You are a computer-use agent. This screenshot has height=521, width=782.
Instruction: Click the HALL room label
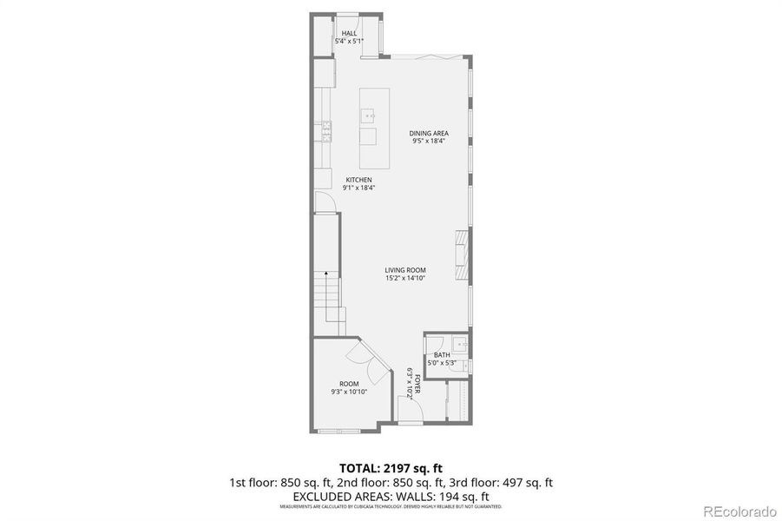[x=349, y=33]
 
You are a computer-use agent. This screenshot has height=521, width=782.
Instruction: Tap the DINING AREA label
[x=429, y=133]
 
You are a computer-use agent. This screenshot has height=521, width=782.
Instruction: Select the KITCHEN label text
[x=358, y=180]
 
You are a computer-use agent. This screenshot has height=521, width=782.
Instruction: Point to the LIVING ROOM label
[x=405, y=270]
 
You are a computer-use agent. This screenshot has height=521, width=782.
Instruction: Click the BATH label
[x=442, y=354]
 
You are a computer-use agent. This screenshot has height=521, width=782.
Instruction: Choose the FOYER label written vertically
[x=417, y=383]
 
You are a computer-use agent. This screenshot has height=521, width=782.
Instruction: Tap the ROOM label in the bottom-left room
[x=349, y=384]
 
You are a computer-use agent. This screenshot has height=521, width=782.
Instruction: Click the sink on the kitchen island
[x=369, y=114]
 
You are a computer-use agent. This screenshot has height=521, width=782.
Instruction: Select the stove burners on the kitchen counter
[x=327, y=130]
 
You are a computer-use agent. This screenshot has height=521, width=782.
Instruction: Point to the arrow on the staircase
[x=326, y=276]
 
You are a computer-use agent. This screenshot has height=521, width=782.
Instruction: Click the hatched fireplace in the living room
[x=462, y=251]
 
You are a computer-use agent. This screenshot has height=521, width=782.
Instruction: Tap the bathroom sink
[x=463, y=346]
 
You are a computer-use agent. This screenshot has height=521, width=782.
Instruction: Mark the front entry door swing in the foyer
[x=410, y=416]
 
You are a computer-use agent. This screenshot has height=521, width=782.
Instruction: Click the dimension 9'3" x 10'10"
[x=349, y=392]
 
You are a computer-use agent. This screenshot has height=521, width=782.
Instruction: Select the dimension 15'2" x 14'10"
[x=405, y=278]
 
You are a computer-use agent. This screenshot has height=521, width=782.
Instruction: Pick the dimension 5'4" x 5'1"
[x=349, y=41]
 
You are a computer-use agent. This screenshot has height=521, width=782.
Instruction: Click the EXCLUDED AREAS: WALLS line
[x=391, y=495]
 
